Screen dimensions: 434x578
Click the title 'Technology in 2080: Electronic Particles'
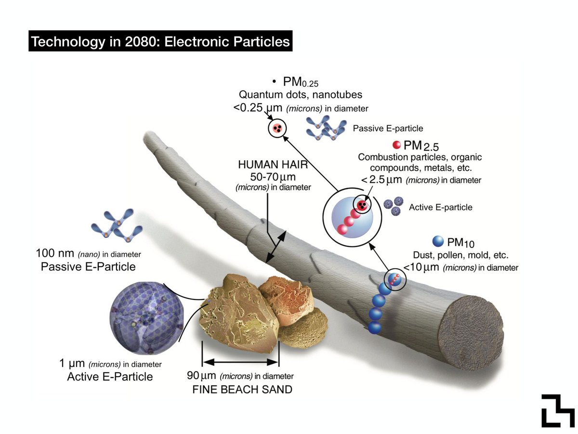[x=160, y=42]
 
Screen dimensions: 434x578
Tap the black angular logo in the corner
[x=558, y=410]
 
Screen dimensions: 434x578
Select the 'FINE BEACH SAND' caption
[x=242, y=389]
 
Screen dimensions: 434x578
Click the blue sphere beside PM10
[x=438, y=241]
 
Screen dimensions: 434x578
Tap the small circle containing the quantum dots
[x=277, y=128]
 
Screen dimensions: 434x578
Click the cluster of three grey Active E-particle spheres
[x=393, y=207]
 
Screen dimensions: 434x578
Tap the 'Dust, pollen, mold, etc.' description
[x=460, y=255]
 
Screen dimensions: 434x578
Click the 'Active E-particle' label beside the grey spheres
[x=440, y=207]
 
